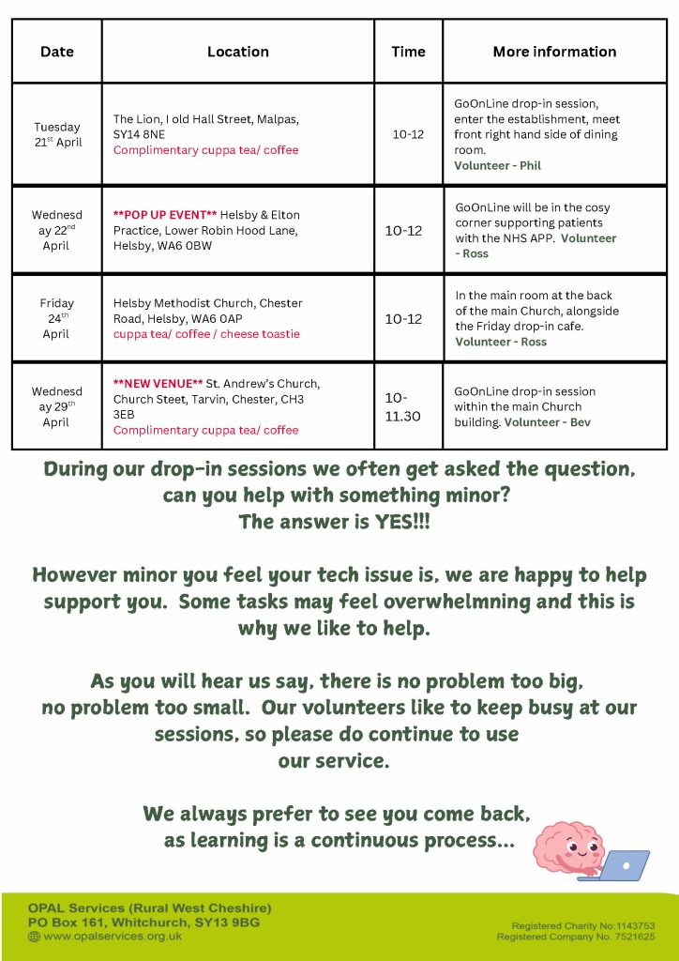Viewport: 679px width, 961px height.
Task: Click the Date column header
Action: [56, 52]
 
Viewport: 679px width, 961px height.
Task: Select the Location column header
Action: [237, 52]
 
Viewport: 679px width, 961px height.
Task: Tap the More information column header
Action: [554, 52]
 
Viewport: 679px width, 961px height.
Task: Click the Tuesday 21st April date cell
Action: [57, 134]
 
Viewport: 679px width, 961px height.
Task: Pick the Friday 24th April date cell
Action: [57, 318]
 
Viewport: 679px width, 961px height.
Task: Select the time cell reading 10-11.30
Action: [402, 406]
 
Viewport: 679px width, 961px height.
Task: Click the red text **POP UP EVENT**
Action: [165, 215]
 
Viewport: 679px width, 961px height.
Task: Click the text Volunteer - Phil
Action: [497, 165]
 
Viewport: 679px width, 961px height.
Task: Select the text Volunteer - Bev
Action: [548, 422]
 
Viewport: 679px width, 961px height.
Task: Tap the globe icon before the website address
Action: [35, 937]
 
